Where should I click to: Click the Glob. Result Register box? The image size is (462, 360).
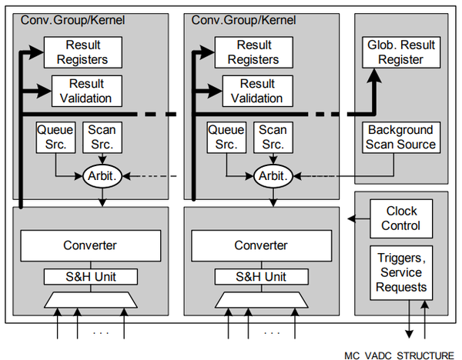point(401,53)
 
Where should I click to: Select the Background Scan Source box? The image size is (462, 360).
point(401,137)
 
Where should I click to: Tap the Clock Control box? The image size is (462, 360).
point(401,218)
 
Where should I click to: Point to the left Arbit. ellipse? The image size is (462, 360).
point(102,176)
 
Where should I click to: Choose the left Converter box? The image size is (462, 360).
point(90,245)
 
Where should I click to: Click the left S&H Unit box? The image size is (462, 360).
point(90,276)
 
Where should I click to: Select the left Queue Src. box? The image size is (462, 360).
point(55,137)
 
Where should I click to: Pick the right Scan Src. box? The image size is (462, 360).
point(273,137)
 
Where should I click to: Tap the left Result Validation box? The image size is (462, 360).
point(90,91)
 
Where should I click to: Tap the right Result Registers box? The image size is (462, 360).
point(254,52)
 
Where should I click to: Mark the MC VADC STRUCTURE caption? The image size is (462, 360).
point(398,355)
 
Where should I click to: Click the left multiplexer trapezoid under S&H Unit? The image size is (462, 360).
point(90,299)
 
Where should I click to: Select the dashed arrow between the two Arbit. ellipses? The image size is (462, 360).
point(153,176)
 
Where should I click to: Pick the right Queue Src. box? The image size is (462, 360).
point(226,137)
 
